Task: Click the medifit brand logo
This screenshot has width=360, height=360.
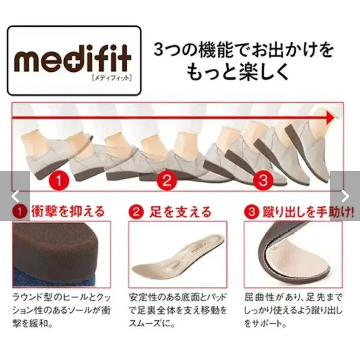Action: point(74,60)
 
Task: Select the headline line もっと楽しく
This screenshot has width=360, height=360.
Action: point(238,73)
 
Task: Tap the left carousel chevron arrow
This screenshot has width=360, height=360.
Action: point(15,196)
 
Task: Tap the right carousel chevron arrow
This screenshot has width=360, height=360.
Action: point(345,196)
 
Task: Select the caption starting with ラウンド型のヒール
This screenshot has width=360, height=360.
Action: point(61,310)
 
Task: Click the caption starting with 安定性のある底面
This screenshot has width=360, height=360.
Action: point(178,310)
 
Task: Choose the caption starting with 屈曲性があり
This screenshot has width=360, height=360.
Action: point(293,310)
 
